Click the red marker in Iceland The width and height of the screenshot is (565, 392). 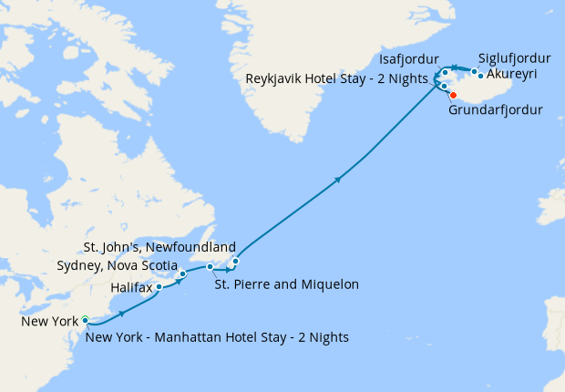(x=453, y=95)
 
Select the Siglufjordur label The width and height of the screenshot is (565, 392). (x=514, y=59)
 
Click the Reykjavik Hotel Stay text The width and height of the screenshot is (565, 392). (x=337, y=79)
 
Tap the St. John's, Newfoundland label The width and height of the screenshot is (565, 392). (x=159, y=247)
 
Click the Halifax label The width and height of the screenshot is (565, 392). (x=132, y=287)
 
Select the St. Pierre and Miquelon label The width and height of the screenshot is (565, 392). (x=286, y=284)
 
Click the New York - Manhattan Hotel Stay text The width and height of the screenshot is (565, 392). (x=219, y=337)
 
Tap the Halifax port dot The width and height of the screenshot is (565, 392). (x=159, y=286)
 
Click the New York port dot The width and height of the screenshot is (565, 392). (x=85, y=319)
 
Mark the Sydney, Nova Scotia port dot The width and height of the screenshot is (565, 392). (x=183, y=273)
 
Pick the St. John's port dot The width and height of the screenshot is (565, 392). (x=235, y=263)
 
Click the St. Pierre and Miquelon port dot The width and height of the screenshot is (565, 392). (x=211, y=267)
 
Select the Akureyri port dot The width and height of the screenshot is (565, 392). (x=480, y=76)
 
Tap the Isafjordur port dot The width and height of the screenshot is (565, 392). (x=445, y=72)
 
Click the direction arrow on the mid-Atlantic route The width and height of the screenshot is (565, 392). (x=339, y=180)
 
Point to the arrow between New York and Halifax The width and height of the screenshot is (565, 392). (x=122, y=314)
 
